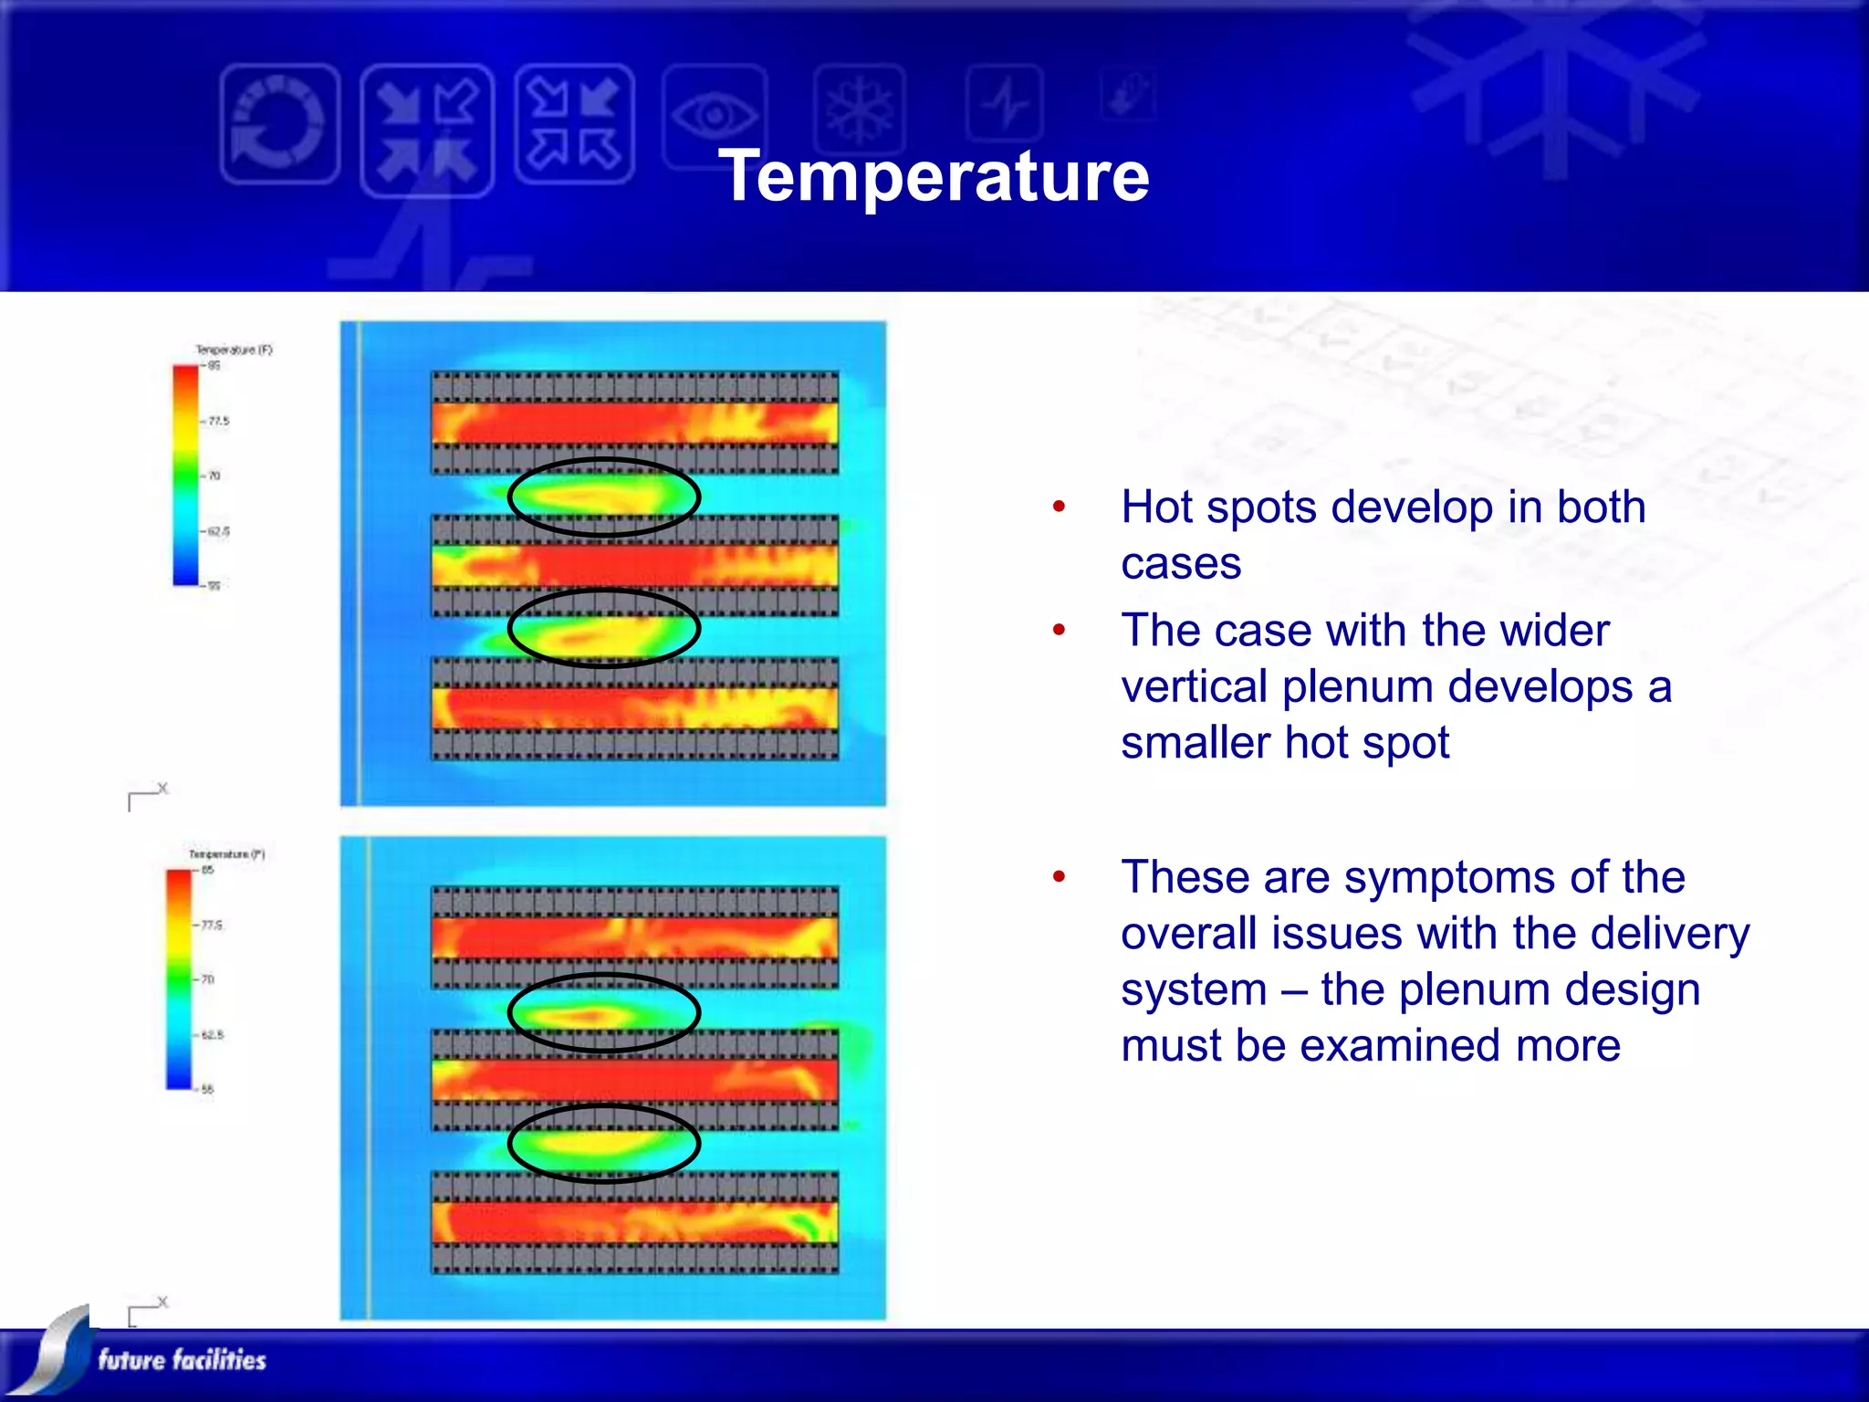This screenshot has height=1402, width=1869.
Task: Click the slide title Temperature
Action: pos(933,175)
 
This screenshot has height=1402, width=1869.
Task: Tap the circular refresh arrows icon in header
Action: pos(279,124)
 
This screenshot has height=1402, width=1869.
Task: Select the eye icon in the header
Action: pos(715,116)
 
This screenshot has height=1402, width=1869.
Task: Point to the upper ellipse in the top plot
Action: pos(604,497)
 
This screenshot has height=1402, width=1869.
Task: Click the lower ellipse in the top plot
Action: pos(604,628)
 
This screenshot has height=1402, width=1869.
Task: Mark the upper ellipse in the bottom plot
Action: pos(604,1012)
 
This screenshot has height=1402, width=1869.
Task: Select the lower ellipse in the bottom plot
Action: pos(604,1143)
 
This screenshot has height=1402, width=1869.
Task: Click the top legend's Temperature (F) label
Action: pos(234,350)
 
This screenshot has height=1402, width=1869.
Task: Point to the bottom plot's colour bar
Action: pos(179,979)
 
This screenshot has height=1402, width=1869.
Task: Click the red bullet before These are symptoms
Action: pos(1059,877)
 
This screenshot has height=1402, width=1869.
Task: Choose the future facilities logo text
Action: pos(182,1360)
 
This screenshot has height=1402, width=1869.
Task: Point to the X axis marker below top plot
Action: pos(162,789)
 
